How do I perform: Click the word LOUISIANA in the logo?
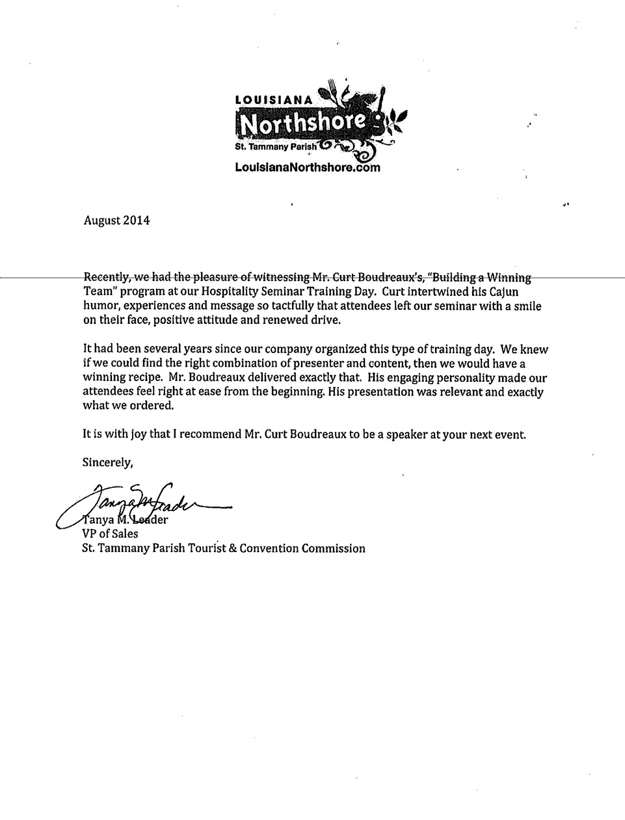[x=274, y=99]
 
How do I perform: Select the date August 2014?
[x=117, y=220]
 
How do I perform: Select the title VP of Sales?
[x=111, y=534]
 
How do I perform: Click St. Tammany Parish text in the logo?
[x=276, y=147]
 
